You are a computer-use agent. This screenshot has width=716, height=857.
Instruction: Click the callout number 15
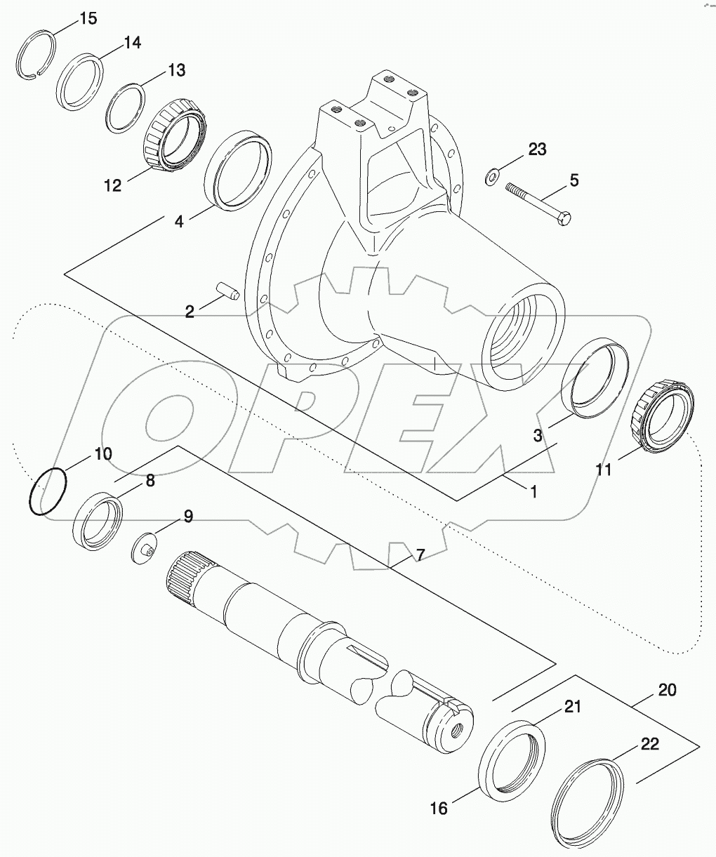click(88, 18)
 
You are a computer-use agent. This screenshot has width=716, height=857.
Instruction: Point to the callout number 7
click(420, 555)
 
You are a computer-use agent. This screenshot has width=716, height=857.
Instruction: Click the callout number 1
click(533, 492)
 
